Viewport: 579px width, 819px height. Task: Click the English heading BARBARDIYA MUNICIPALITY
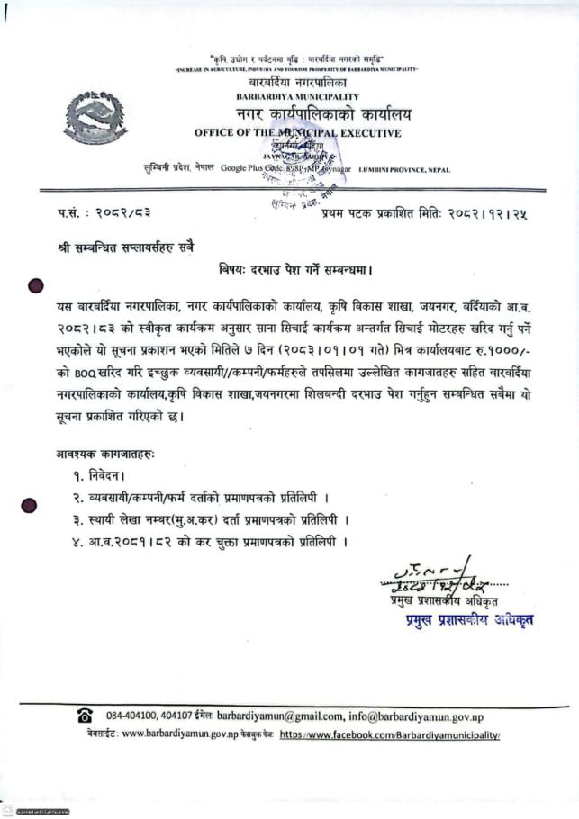297,96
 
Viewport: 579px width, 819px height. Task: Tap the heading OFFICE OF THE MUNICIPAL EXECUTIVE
297,134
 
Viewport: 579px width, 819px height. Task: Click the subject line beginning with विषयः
295,269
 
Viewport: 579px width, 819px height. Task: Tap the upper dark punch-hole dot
36,287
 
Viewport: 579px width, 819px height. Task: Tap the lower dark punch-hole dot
30,507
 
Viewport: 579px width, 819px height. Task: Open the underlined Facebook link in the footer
389,734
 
